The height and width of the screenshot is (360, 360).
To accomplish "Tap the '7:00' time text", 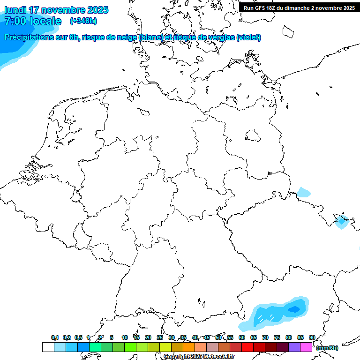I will click(15, 21).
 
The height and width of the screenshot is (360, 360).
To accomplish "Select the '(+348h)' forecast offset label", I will click(83, 21).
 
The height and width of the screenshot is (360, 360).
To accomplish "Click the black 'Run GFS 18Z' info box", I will click(299, 7).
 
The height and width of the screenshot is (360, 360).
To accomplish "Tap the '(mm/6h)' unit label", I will click(327, 348).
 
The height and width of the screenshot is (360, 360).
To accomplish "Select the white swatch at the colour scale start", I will click(48, 347).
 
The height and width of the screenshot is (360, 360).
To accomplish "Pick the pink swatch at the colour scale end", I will click(306, 347).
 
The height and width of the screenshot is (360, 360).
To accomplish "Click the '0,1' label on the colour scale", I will click(55, 337).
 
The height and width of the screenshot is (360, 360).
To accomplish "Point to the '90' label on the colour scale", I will click(312, 337).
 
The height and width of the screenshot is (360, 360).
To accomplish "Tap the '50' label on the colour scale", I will click(218, 337).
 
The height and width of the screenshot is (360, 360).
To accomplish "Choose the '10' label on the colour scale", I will click(125, 337).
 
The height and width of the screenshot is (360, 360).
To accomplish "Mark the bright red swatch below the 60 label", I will click(247, 347).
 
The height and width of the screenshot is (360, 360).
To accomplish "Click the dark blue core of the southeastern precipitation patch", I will click(294, 309).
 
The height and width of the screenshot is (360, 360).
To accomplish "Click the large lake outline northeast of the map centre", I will click(253, 136).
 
